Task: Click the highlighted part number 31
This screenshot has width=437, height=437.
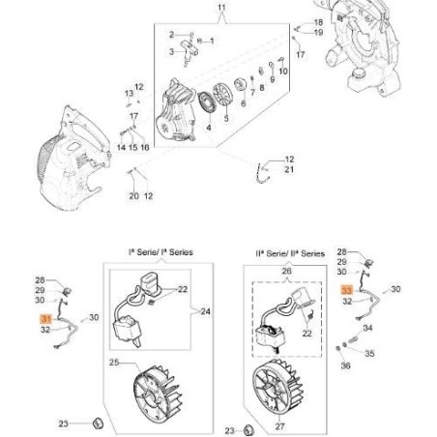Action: coord(46,319)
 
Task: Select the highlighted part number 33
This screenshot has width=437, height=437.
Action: coord(347,290)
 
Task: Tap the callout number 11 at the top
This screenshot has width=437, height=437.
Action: coord(221,8)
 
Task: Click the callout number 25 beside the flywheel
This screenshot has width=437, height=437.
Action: coord(114,363)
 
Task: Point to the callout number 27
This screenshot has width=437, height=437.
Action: coord(279,426)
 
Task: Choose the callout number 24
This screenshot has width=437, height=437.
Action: coord(205,311)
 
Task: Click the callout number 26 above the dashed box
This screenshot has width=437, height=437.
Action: coord(286,272)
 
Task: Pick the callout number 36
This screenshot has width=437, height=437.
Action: coord(345,365)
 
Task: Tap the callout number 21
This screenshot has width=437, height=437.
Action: coord(289,169)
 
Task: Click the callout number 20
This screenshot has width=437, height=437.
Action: coord(133,196)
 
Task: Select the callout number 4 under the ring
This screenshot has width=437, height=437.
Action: coord(209,128)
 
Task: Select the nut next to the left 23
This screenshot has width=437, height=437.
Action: coord(98,422)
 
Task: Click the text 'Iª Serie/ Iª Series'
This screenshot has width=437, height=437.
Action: coord(160,252)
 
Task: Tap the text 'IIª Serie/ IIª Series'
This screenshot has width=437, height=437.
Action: coord(290,253)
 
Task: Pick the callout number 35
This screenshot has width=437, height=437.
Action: coord(369,354)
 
